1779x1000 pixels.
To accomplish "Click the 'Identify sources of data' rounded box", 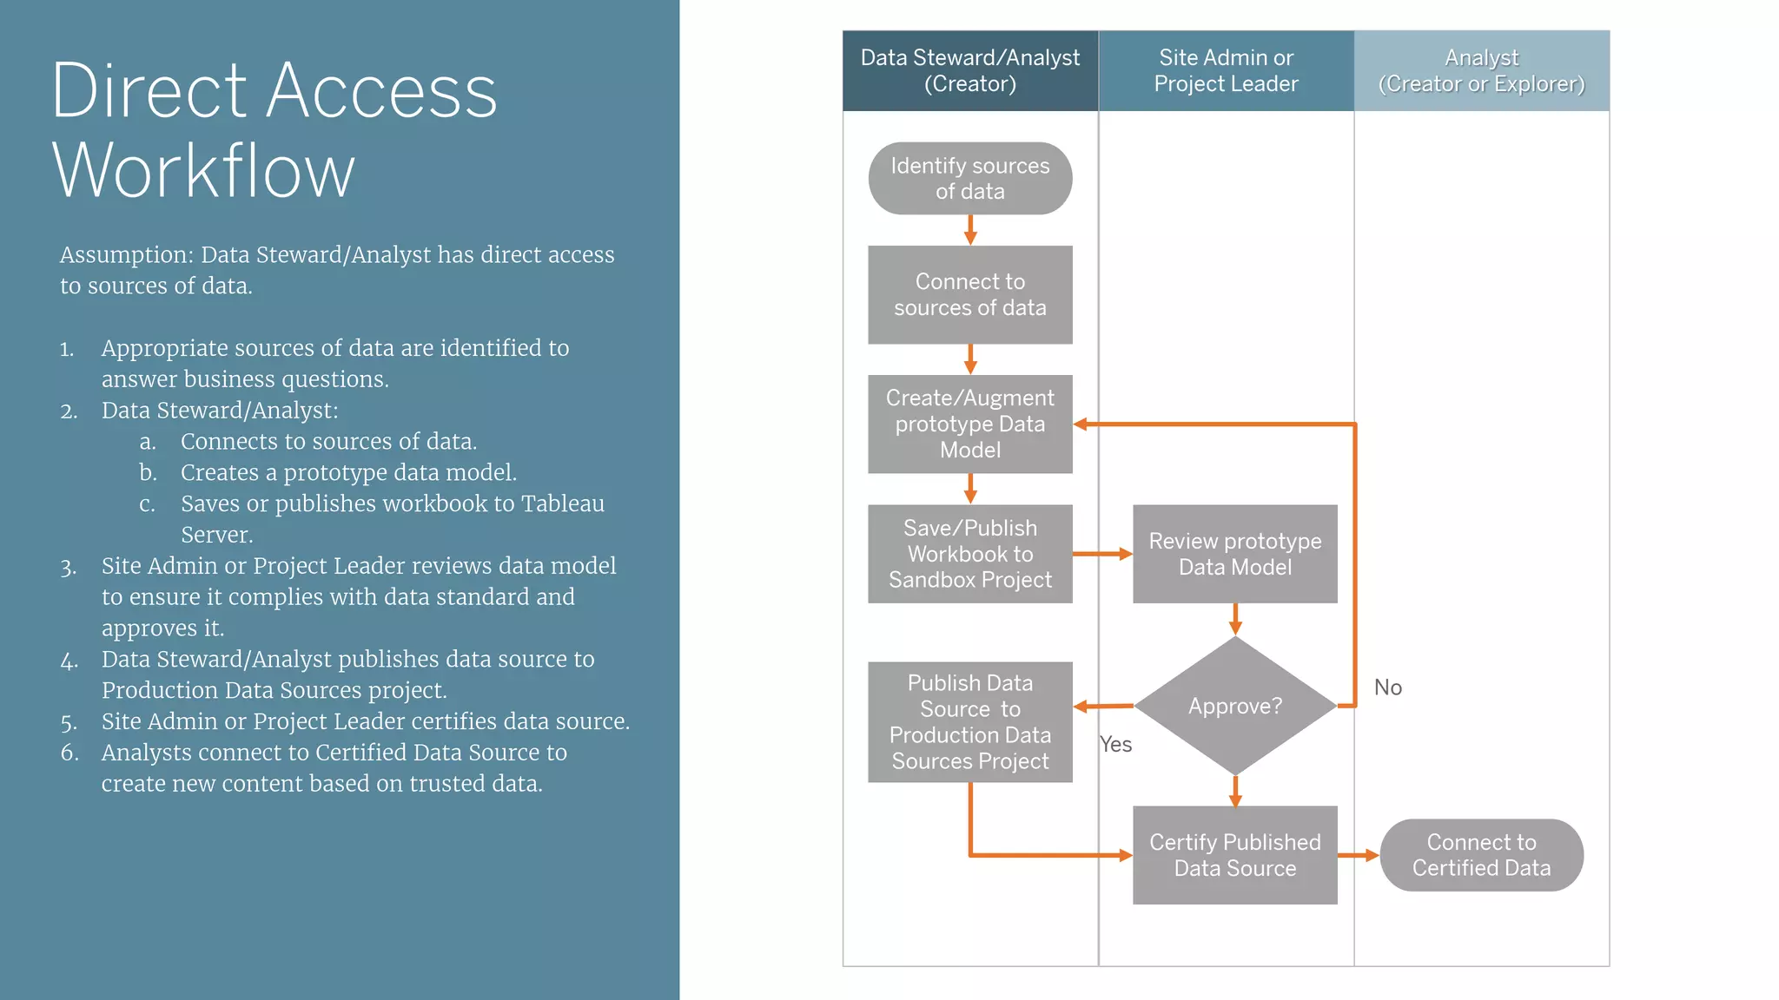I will click(x=969, y=178).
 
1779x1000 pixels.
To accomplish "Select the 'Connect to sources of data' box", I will click(x=969, y=294).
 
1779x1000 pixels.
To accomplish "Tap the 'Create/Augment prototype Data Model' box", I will click(x=969, y=424).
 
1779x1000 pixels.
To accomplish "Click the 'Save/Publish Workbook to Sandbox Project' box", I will click(x=969, y=554).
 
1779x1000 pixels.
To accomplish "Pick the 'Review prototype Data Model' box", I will click(x=1234, y=554).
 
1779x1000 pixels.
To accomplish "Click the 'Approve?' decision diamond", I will click(x=1234, y=706).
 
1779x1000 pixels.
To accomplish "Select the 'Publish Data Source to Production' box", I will click(x=969, y=722).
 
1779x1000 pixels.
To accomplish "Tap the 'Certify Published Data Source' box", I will click(x=1234, y=855).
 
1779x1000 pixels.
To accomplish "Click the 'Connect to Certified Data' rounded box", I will click(x=1481, y=855).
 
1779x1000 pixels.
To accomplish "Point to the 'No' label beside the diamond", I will click(x=1387, y=687).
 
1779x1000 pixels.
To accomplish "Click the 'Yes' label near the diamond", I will click(x=1115, y=745).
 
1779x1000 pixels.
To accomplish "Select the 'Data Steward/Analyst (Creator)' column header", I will click(x=969, y=70).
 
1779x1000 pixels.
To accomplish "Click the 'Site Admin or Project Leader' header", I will click(x=1226, y=70).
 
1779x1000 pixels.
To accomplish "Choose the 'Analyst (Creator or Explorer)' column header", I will click(x=1481, y=70).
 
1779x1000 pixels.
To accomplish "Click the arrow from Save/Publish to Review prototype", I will click(x=1101, y=554).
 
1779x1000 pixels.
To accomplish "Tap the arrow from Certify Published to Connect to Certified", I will click(x=1358, y=855).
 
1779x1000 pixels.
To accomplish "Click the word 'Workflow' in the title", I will click(x=203, y=171).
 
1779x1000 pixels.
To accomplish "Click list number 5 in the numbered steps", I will click(x=69, y=722).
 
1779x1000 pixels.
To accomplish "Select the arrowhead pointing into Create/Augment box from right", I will click(x=1081, y=424).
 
